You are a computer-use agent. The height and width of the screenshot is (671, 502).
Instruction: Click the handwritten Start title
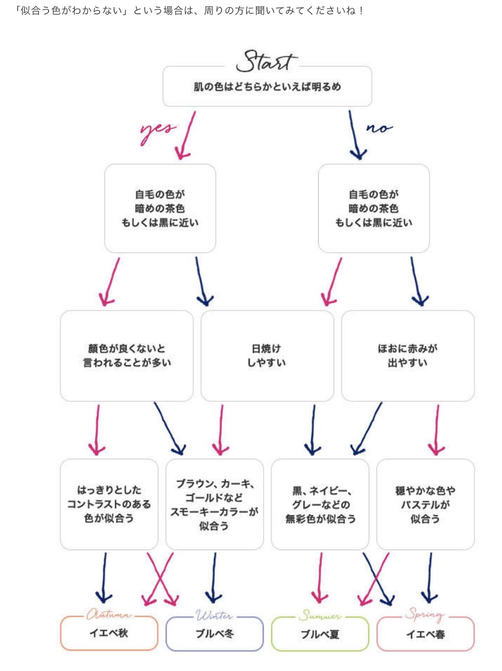coord(266,61)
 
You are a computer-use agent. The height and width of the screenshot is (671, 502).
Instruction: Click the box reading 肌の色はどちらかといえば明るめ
coord(267,87)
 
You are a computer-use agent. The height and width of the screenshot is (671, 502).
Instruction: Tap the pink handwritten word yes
coord(157,130)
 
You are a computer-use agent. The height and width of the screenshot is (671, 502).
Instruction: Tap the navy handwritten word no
coord(379,128)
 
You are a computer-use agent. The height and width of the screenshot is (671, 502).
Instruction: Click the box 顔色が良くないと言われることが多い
coord(126,355)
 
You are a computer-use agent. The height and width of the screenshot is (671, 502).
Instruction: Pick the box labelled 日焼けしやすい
coord(267,355)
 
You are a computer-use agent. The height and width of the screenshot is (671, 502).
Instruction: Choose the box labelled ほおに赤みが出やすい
coord(407,355)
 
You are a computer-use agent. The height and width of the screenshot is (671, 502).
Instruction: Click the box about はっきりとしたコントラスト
coord(109,504)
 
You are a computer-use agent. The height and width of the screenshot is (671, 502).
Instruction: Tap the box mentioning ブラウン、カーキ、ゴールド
coord(214,504)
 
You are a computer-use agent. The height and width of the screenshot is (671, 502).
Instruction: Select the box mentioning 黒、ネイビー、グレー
coord(320,504)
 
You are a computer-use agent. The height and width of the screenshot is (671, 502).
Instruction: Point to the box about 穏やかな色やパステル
coord(425,504)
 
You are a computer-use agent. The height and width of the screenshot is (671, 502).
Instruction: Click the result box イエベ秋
coord(109,633)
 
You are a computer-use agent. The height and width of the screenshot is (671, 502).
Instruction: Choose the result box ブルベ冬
coord(214,634)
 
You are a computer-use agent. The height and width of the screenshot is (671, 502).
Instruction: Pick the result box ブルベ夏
coord(320,634)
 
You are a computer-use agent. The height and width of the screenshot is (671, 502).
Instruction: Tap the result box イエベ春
coord(425,634)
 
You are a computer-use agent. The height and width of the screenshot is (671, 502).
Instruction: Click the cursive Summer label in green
coord(320,616)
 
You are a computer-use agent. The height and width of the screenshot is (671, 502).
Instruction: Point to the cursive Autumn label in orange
coord(108,615)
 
